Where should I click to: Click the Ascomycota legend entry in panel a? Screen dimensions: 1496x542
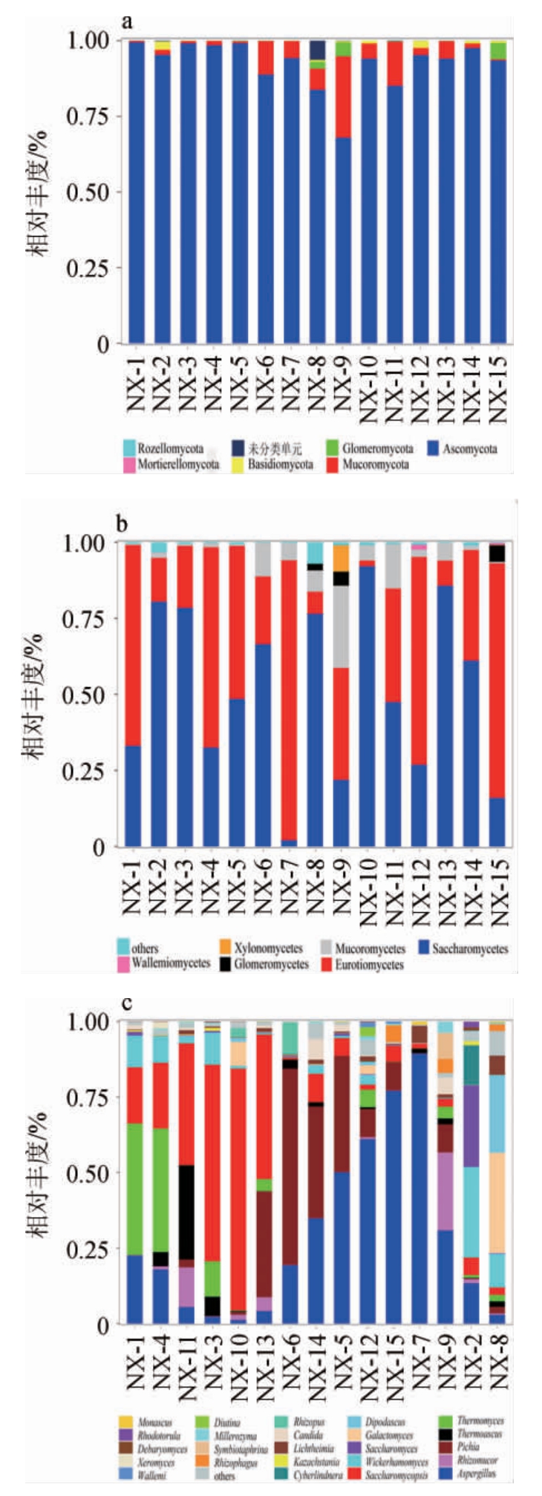470,449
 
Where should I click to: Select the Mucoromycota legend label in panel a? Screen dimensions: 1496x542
376,465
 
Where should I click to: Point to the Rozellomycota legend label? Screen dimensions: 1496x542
170,449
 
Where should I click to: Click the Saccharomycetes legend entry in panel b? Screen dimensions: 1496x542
470,948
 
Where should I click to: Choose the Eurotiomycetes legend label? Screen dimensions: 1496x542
369,965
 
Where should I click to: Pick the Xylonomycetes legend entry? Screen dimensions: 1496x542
268,948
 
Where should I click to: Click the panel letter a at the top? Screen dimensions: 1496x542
128,22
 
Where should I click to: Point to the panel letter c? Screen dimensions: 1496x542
126,1004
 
